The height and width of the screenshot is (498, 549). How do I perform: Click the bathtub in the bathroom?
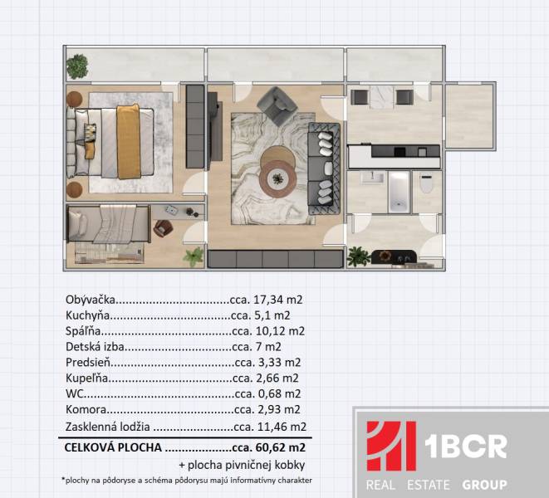398,190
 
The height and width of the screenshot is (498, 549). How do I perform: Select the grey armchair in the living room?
275,106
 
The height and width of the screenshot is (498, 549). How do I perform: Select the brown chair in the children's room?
164,227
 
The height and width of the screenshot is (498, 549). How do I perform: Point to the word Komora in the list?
85,410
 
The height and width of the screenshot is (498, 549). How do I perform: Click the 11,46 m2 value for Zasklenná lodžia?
275,426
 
